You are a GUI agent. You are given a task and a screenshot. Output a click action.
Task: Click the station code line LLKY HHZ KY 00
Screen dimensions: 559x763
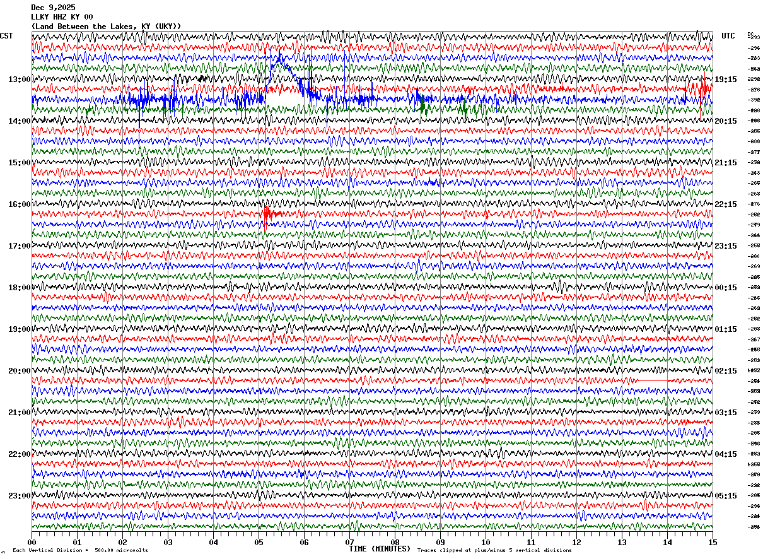click(x=62, y=17)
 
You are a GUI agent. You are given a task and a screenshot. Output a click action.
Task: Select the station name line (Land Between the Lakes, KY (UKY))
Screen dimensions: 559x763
click(x=106, y=26)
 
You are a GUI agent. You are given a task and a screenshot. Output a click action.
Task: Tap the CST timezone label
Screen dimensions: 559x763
click(x=6, y=36)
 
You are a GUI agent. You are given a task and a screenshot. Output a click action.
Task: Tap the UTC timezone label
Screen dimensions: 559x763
click(x=728, y=36)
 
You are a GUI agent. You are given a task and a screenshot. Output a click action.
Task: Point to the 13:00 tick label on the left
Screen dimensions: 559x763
click(x=19, y=79)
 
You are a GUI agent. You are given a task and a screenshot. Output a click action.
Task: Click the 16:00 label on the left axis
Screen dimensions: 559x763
click(x=19, y=204)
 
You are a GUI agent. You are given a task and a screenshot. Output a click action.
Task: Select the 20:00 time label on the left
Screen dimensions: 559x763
click(x=19, y=371)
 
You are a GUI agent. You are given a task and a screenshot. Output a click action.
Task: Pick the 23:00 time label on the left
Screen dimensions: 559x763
click(x=19, y=496)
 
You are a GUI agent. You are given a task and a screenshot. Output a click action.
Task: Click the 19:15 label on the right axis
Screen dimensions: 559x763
click(x=726, y=79)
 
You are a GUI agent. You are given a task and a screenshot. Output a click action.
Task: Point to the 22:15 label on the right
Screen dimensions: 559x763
click(x=726, y=204)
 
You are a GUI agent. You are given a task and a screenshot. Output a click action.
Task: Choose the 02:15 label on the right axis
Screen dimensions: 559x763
click(x=726, y=371)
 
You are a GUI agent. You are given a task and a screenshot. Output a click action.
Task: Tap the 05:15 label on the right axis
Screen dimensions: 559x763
click(x=726, y=496)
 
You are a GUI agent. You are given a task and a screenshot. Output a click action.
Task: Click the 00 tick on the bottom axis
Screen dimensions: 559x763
click(x=32, y=542)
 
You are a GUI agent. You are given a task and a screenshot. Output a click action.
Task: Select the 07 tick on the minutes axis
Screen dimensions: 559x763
click(x=349, y=542)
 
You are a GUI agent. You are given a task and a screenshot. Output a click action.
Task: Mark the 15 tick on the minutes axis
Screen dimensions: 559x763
click(x=713, y=542)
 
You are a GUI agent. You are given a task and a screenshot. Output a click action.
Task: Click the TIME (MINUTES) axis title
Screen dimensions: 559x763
click(x=380, y=549)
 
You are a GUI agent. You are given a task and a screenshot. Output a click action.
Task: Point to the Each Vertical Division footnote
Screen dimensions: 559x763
click(x=80, y=551)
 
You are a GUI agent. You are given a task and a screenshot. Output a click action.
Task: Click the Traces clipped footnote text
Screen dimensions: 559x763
click(x=494, y=551)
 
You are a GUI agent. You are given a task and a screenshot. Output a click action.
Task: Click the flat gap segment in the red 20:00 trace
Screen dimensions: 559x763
click(x=653, y=380)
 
